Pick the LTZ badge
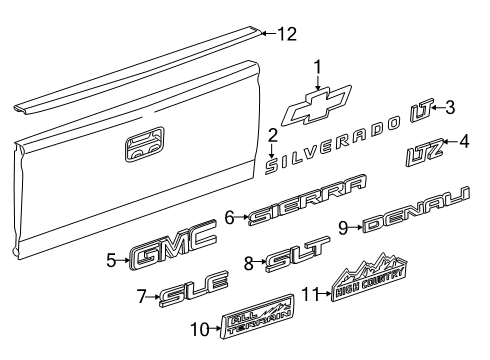coord(425,154)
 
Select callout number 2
coord(272,135)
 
